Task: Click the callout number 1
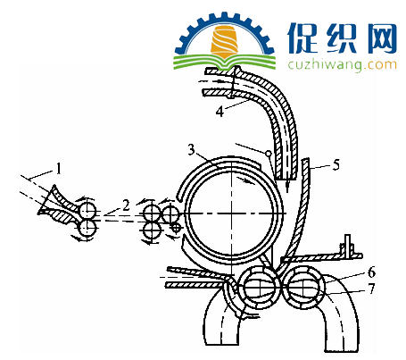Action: (x=59, y=169)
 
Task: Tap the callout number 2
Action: (x=126, y=205)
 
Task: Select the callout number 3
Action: (x=192, y=149)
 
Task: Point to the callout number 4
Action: (x=220, y=112)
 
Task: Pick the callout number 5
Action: (x=336, y=164)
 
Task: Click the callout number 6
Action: (x=371, y=272)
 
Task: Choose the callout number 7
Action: (x=372, y=289)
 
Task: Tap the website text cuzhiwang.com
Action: (x=342, y=64)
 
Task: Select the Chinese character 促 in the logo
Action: (x=302, y=38)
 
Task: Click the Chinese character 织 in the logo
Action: (x=343, y=38)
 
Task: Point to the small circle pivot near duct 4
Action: (x=269, y=154)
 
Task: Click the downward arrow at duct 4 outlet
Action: (x=287, y=185)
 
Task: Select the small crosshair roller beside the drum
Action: (x=176, y=228)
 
